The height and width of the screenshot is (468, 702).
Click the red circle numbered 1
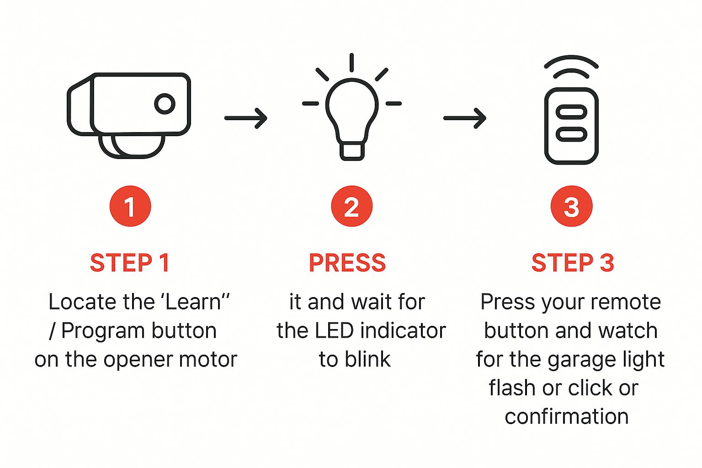pos(130,206)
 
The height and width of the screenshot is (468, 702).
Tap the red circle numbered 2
pos(351,206)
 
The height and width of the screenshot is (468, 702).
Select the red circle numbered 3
pos(571,206)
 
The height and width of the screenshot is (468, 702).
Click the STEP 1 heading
pos(130,263)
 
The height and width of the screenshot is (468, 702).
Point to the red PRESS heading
pos(347,263)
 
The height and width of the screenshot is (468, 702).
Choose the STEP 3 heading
pos(572,263)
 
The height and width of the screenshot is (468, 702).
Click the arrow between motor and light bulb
pos(245,118)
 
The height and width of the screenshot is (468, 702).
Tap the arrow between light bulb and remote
pos(464,118)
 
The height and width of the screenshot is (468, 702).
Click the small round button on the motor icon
pos(165,104)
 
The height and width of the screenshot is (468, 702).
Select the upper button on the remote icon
pos(571,112)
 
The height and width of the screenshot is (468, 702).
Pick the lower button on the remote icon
pos(571,134)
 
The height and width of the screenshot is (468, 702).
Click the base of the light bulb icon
pos(352,151)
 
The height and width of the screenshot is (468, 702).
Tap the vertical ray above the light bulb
pos(351,63)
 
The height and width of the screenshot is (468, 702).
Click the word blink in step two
pos(367,360)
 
